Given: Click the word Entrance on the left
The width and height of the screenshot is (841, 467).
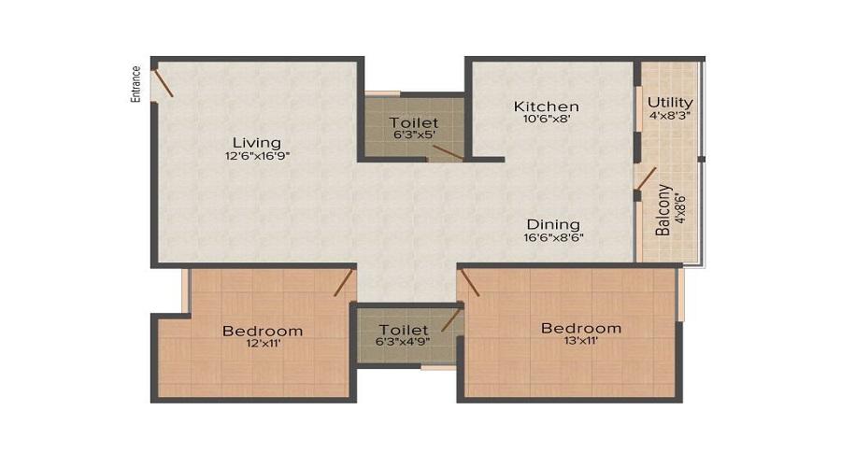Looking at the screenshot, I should click(x=136, y=83).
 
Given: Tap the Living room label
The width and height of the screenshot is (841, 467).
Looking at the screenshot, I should click(x=257, y=142).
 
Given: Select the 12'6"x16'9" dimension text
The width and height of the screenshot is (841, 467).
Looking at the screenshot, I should click(x=257, y=157).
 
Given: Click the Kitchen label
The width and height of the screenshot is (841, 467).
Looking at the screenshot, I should click(x=547, y=106).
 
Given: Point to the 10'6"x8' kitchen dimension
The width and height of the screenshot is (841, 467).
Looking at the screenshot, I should click(x=547, y=120).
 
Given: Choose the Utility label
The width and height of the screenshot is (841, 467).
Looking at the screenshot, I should click(x=670, y=102).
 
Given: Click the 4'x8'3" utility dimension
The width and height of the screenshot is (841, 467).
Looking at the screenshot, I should click(x=670, y=116).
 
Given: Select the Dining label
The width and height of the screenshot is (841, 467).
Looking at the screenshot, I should click(x=553, y=224).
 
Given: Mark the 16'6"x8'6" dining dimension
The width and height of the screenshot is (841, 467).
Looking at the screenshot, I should click(x=553, y=238).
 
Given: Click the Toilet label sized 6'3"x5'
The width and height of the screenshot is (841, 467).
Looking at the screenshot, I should click(x=413, y=122).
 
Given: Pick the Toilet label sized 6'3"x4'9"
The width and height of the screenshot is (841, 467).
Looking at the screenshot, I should click(x=404, y=330).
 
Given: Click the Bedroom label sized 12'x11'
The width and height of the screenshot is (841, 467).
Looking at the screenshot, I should click(x=262, y=331).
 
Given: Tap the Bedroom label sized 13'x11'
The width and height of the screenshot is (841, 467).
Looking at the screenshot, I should click(x=581, y=328).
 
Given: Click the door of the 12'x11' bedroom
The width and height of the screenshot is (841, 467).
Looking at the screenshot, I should click(x=344, y=283).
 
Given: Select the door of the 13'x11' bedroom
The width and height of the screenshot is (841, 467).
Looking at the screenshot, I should click(x=469, y=283).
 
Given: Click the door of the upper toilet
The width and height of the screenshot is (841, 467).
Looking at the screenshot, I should click(x=448, y=152).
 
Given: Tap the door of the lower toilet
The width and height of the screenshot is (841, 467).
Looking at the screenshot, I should click(x=452, y=319).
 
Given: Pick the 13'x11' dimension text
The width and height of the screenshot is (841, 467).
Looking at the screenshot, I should click(x=581, y=342).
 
